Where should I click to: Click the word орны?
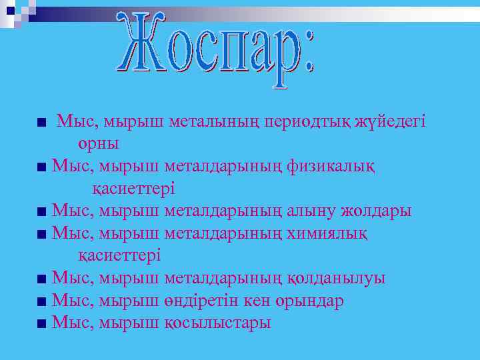click(98, 143)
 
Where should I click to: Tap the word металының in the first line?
click(215, 121)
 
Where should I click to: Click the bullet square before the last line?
click(42, 324)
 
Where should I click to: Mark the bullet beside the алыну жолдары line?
click(42, 213)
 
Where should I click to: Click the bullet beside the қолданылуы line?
click(42, 280)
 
